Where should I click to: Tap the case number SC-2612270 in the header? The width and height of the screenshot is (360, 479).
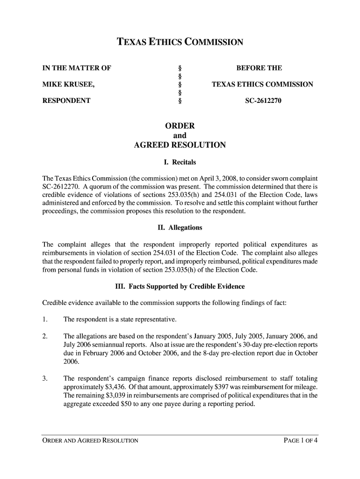point(263,100)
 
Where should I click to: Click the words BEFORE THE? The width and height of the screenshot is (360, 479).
point(259,68)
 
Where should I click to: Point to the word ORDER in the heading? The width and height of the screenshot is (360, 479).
point(180,126)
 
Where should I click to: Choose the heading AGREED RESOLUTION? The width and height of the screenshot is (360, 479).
point(180,145)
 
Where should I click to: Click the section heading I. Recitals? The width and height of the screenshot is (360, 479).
point(180,163)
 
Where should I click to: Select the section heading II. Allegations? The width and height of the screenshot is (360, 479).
point(180,228)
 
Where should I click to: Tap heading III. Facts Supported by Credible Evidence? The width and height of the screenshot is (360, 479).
point(180,286)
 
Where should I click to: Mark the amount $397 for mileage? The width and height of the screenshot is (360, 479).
point(220,388)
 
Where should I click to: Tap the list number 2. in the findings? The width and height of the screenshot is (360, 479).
point(45,336)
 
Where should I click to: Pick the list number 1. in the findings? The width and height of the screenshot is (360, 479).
point(45,319)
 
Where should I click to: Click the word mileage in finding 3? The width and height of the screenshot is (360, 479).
point(304,388)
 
